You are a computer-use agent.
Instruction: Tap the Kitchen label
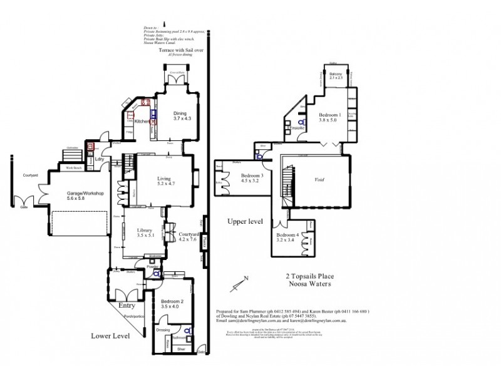coord(142,122)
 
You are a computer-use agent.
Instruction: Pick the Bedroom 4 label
coord(287,237)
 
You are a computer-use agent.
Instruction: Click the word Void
coord(319,179)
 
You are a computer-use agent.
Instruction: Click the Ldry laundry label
coord(99,159)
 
